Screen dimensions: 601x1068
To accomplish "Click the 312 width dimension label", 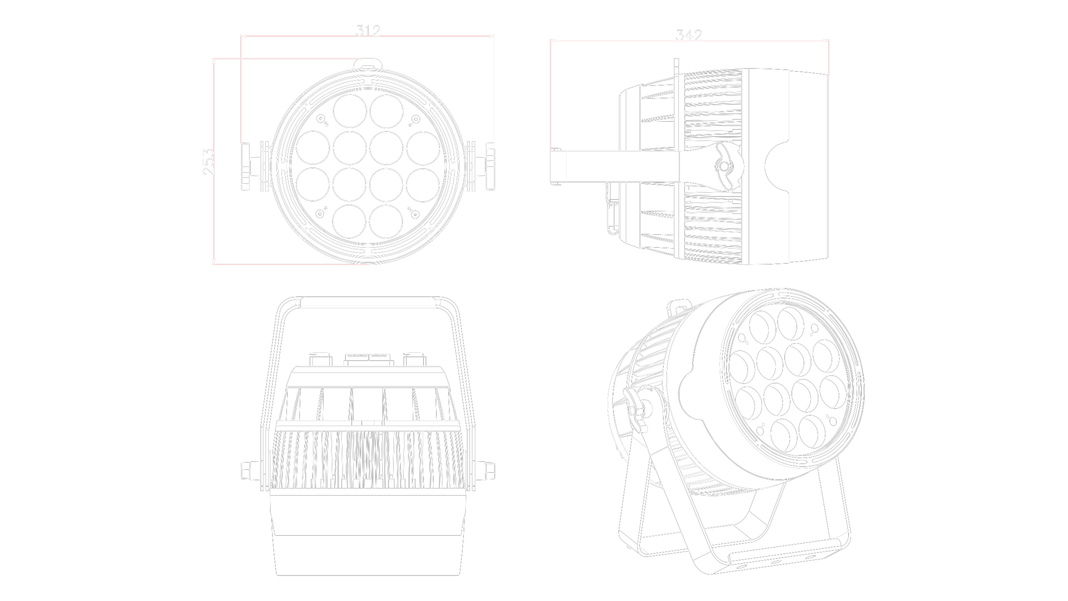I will tap(368, 30).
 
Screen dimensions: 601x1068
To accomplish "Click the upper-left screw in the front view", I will tap(320, 120).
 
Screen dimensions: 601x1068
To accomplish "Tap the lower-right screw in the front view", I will tap(416, 214).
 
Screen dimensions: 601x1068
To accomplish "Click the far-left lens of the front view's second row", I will tap(314, 147).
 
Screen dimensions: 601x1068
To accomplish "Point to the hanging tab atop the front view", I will tap(368, 66).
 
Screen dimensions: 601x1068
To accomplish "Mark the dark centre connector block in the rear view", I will tap(368, 358).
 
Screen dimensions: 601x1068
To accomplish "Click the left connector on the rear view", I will tap(321, 358).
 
